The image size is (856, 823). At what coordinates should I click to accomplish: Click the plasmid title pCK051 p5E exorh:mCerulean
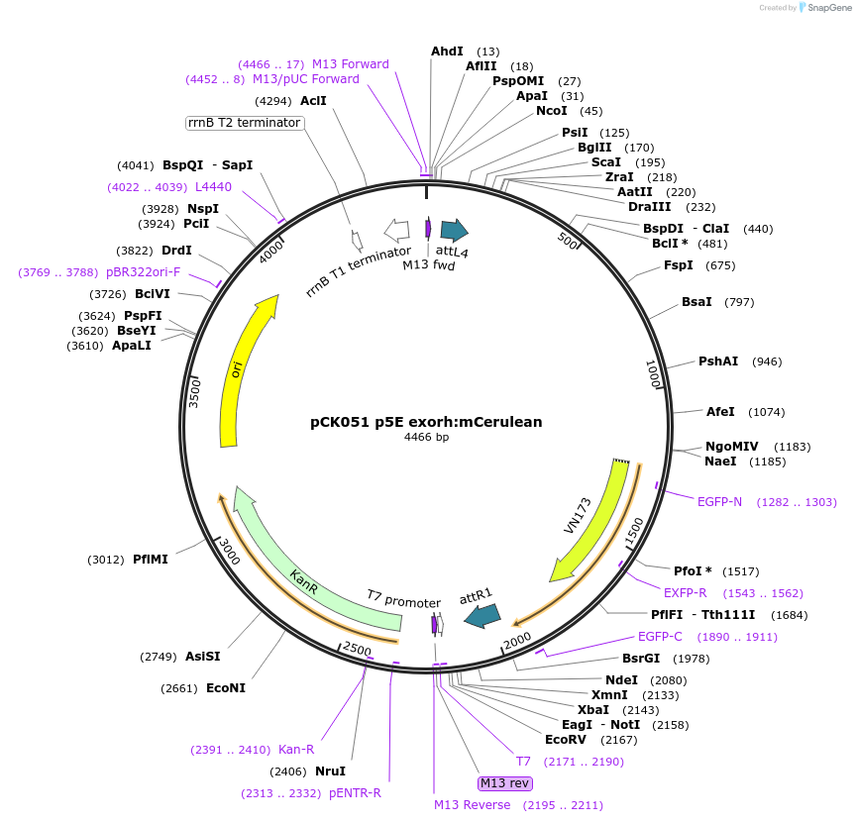[426, 421]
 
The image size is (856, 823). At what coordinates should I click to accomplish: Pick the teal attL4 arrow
[454, 231]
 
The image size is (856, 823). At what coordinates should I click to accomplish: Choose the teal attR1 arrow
[482, 616]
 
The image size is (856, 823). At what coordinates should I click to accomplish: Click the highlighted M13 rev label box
[504, 783]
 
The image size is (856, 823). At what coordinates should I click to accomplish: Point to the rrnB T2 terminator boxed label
[244, 123]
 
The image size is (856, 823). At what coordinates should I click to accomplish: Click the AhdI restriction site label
[447, 51]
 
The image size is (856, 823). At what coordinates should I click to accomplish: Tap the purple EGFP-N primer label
[719, 502]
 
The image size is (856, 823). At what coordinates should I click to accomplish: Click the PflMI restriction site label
[151, 559]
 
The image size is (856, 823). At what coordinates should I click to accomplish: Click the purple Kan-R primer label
[295, 750]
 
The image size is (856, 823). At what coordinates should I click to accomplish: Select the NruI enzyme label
[330, 771]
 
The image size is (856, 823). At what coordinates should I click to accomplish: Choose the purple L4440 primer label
[213, 186]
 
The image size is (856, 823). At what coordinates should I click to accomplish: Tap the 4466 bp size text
[426, 437]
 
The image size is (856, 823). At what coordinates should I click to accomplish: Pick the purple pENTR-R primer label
[355, 793]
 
